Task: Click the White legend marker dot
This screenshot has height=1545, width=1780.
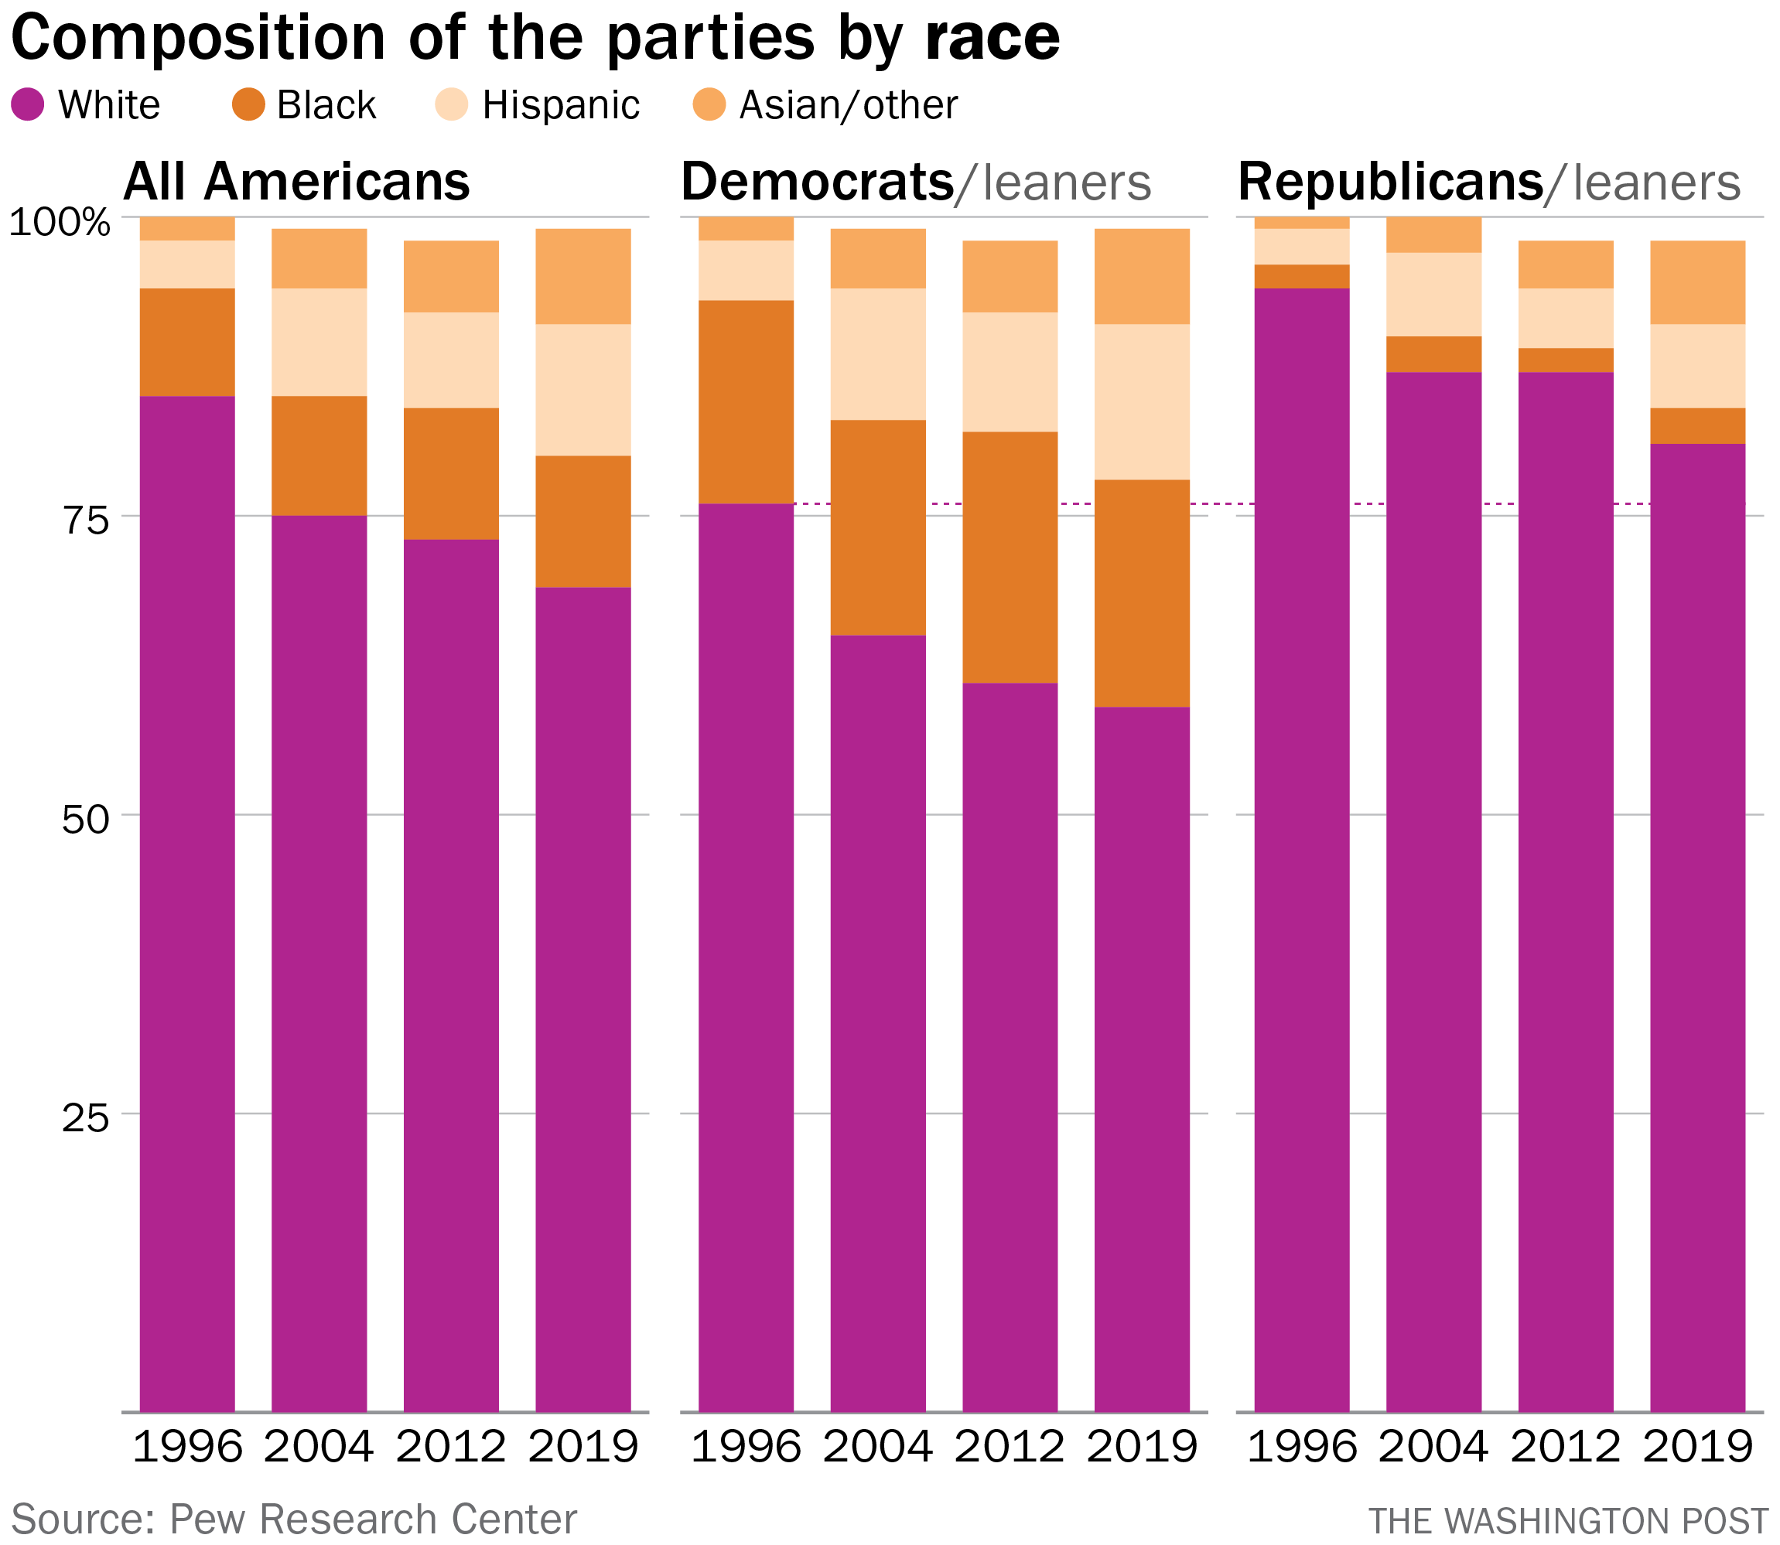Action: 28,105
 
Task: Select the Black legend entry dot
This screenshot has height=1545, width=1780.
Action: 248,105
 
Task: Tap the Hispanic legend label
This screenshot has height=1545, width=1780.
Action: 561,105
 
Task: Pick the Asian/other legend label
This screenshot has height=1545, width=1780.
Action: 848,105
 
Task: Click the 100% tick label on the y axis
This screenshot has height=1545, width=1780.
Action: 60,223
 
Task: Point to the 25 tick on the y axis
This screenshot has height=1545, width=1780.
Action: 85,1118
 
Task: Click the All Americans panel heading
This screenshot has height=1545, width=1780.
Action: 297,182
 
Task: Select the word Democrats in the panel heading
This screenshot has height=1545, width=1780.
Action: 817,182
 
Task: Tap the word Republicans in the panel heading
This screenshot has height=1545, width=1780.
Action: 1390,182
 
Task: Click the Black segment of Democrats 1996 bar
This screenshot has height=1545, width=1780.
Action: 746,402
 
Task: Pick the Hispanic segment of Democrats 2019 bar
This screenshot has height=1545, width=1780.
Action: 1142,402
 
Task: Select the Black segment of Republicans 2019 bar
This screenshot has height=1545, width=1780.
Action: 1697,426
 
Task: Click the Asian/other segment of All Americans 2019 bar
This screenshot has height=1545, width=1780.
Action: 583,276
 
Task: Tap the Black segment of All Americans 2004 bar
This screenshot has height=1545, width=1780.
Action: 319,455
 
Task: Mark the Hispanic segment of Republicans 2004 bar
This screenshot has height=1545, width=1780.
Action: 1433,294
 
